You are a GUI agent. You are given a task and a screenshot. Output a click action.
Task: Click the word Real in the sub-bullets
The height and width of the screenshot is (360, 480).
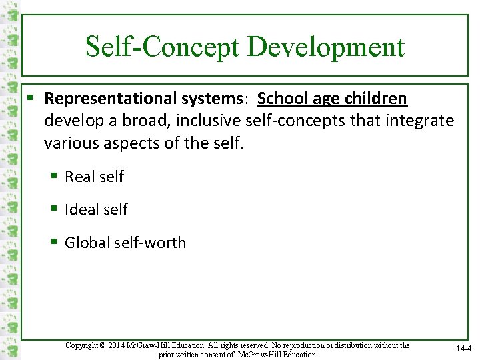pos(80,177)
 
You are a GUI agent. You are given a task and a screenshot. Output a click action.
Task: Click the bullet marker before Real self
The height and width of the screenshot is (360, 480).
pos(55,177)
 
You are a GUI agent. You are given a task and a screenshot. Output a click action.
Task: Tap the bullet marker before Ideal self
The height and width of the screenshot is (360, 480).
pos(55,209)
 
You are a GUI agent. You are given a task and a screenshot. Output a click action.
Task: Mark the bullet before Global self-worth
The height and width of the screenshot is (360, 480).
pos(55,242)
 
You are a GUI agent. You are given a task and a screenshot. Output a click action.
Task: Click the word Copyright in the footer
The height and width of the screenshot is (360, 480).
pos(82,345)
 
